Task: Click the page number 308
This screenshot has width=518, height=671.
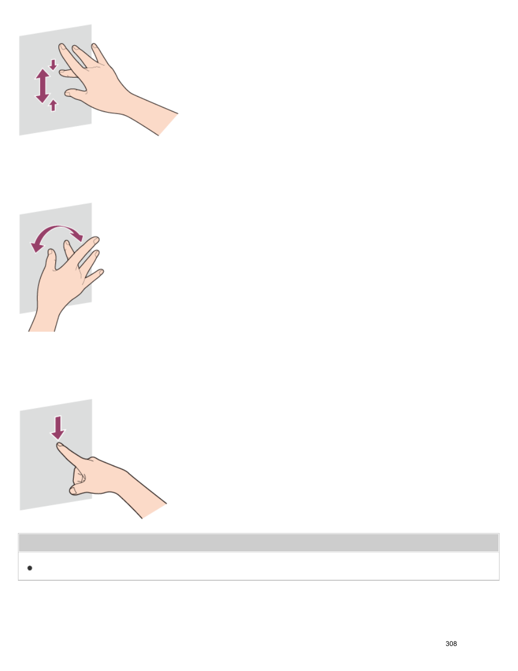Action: [451, 643]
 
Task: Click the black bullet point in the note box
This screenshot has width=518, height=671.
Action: [30, 568]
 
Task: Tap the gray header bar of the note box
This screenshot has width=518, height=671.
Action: [258, 543]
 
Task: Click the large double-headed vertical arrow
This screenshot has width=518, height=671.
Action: [42, 86]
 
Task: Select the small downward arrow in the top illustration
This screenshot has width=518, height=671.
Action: [53, 65]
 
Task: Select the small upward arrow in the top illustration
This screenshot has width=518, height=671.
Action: [53, 105]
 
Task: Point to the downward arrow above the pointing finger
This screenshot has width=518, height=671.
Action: [58, 428]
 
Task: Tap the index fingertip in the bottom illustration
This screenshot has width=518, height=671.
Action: [60, 446]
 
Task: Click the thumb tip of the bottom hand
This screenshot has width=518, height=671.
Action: [73, 491]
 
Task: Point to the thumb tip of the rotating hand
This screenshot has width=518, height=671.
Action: [51, 253]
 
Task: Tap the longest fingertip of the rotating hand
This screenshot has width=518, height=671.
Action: [96, 240]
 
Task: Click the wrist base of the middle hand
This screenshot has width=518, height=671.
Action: [42, 326]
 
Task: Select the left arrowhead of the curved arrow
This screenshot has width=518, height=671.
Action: [36, 247]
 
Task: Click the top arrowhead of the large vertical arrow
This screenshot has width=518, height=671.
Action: [42, 73]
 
